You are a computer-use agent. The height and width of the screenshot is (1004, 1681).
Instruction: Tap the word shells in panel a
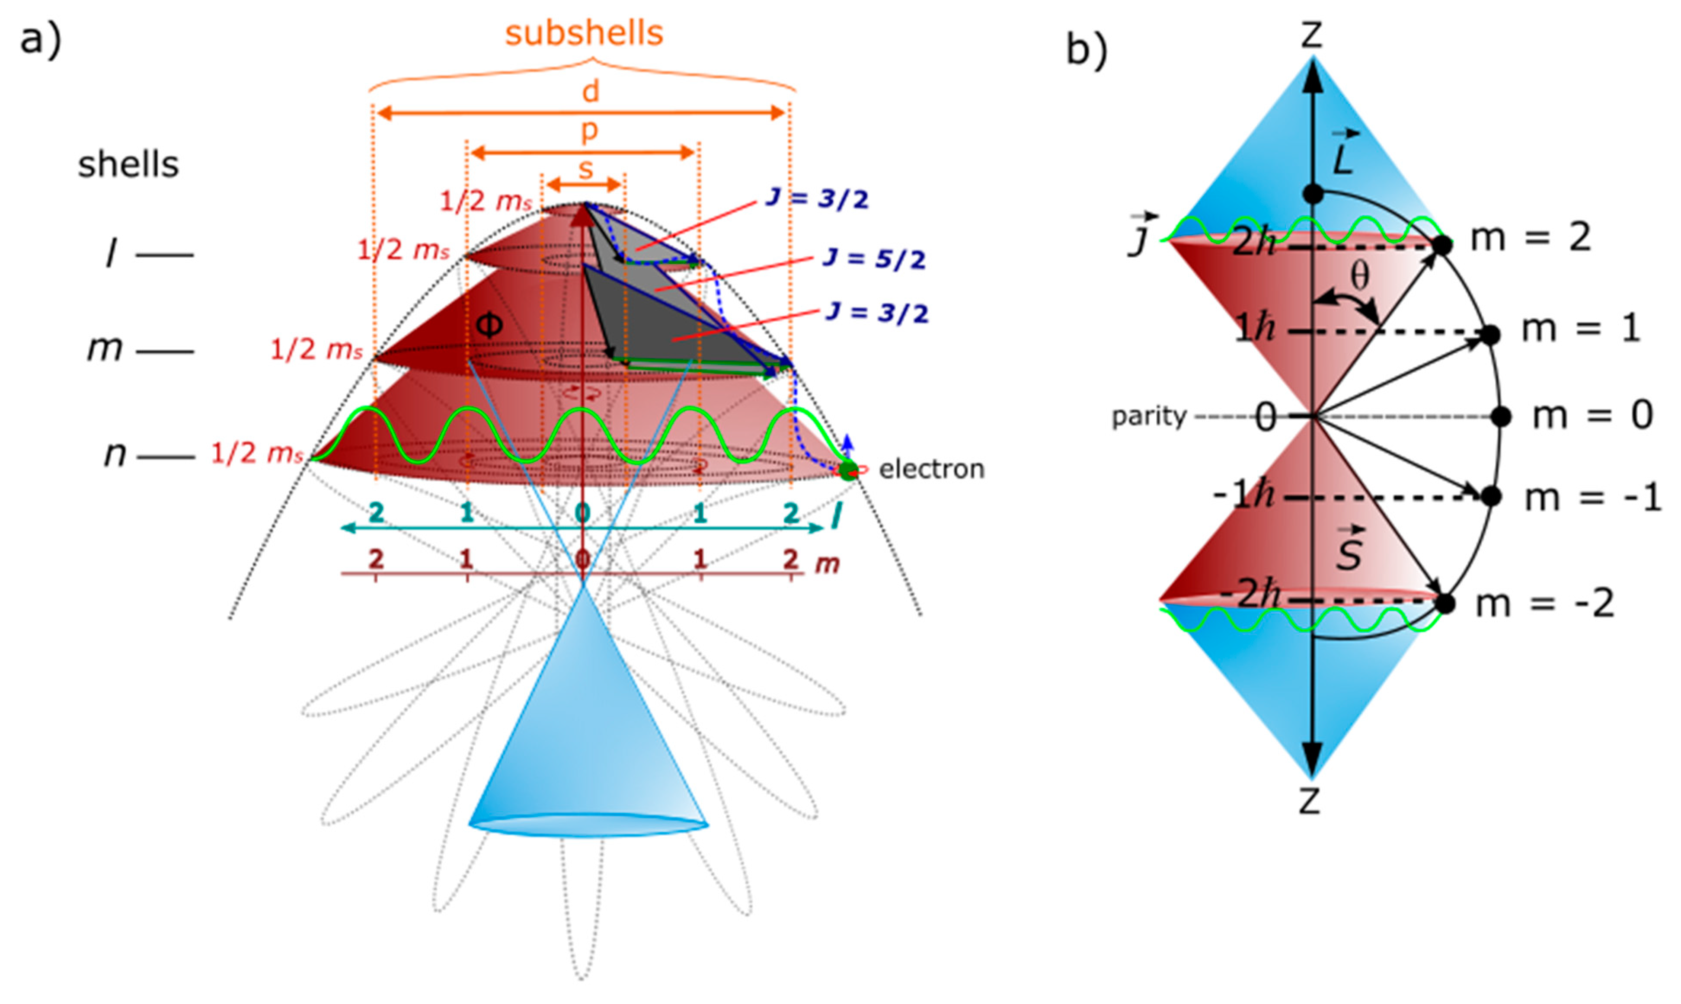(128, 164)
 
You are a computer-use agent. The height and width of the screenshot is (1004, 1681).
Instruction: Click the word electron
(931, 469)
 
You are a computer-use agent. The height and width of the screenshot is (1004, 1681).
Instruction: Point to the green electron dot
(847, 470)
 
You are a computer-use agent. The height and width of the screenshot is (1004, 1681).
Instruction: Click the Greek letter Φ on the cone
(489, 326)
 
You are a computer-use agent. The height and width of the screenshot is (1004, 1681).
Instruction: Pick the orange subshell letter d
(591, 91)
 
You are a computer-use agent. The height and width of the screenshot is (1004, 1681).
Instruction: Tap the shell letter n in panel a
(115, 454)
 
